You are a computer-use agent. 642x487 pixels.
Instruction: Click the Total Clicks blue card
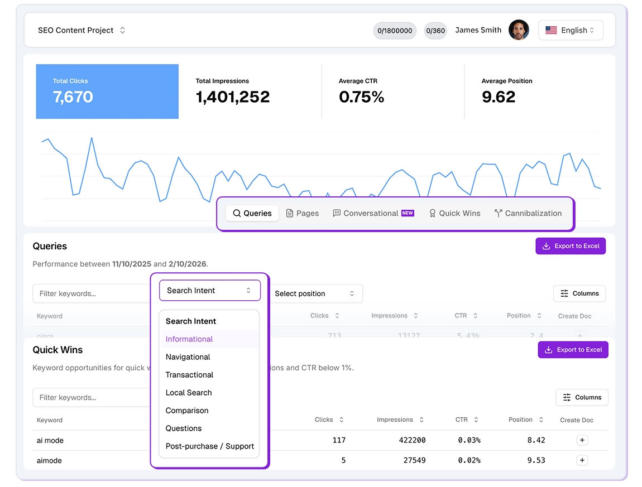(x=107, y=91)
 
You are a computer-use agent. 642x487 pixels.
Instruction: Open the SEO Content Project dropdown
(x=82, y=30)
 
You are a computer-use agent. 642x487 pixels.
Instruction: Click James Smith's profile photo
(x=519, y=30)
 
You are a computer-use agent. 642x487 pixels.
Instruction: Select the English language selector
(x=570, y=30)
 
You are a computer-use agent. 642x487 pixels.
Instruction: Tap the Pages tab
(x=303, y=213)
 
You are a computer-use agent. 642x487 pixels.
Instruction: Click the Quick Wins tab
(x=454, y=213)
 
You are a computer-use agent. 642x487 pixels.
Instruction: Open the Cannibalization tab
(x=528, y=213)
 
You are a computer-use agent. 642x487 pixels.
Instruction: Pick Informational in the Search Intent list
(x=189, y=339)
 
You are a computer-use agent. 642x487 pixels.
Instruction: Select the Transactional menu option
(x=189, y=375)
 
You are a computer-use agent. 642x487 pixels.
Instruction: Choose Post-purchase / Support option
(x=209, y=446)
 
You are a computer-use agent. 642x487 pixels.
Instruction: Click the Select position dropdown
(x=314, y=293)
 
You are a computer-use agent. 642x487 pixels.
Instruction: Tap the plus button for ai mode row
(x=582, y=440)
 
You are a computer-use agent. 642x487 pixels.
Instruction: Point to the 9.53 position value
(x=535, y=460)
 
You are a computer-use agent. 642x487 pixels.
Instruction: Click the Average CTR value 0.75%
(x=361, y=97)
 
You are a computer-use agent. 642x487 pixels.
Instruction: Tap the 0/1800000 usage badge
(x=395, y=31)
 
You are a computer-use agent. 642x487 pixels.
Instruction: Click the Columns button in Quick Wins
(x=582, y=397)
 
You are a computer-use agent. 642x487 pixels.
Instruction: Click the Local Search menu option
(x=189, y=393)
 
